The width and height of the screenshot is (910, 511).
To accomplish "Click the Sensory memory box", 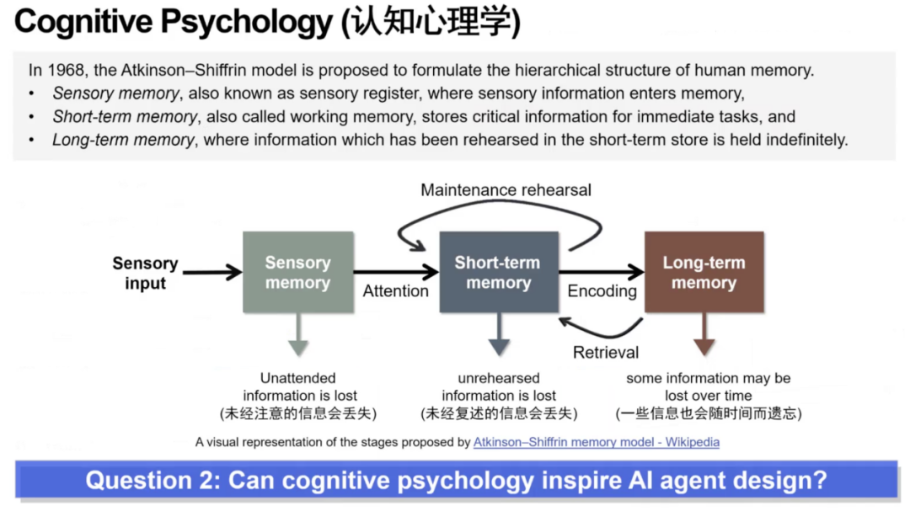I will tap(297, 272).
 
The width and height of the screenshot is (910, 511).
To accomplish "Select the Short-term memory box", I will tap(499, 272).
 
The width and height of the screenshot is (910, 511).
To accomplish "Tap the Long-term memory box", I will tap(704, 272).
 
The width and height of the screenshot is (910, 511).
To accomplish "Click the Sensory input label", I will tap(145, 274).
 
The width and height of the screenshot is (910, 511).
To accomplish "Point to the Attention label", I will tap(395, 291).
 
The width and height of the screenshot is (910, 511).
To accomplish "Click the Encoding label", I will tap(602, 291).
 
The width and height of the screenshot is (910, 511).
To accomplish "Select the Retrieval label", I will tap(606, 353).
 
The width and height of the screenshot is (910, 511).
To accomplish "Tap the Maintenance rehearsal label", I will tap(506, 190).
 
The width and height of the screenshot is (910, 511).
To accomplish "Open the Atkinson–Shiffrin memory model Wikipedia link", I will tap(596, 441).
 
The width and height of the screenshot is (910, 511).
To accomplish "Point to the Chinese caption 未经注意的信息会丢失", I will tap(298, 413).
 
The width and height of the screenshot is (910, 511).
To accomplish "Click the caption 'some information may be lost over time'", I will tap(708, 386).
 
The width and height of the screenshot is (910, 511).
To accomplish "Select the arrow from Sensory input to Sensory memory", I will tap(211, 272).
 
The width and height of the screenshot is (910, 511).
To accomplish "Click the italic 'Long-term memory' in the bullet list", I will tap(123, 140).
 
